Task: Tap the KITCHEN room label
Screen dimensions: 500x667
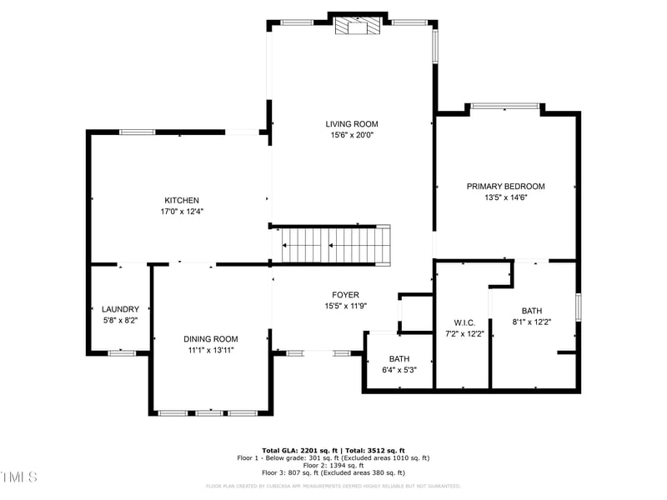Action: (181, 200)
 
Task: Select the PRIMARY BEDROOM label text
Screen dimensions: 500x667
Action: (505, 187)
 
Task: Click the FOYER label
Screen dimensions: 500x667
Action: (345, 295)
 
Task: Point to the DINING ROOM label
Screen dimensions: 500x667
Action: (210, 339)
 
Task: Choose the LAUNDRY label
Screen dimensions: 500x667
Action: (120, 309)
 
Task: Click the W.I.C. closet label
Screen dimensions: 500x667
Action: (464, 322)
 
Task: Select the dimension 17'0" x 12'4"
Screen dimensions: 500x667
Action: (182, 212)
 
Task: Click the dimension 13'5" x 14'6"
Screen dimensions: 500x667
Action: (505, 197)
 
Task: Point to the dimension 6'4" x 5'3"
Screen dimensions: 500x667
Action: (398, 370)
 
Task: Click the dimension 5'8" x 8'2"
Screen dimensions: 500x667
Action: (120, 320)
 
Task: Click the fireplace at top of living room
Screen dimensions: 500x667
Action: (357, 27)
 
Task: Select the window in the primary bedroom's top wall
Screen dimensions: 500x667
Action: (504, 106)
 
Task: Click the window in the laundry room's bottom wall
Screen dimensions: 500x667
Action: (122, 353)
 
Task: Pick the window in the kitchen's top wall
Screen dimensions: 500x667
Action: (137, 132)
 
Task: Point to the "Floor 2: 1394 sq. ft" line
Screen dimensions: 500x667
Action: (333, 465)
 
